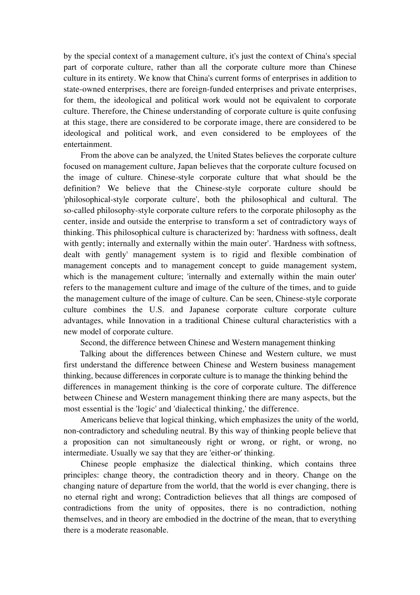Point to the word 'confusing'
(x=339, y=111)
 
